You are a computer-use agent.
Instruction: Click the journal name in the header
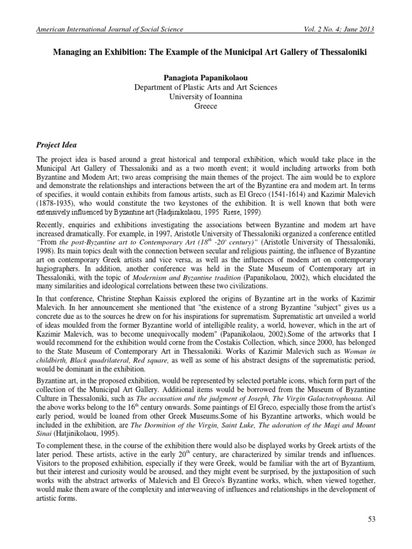point(109,29)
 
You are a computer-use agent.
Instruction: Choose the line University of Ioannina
point(206,97)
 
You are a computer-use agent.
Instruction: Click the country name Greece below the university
point(206,107)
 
